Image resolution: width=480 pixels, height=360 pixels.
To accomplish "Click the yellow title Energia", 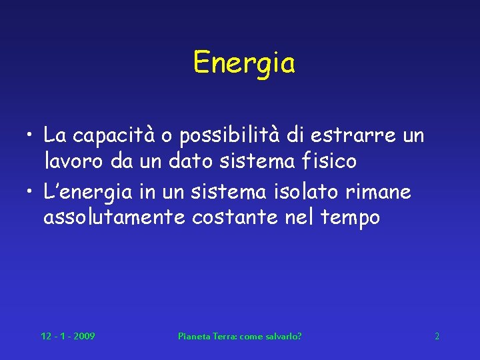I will [x=243, y=64].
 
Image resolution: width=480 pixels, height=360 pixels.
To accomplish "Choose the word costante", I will [x=231, y=217].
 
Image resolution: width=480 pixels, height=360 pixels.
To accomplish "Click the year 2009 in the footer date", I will [x=84, y=336].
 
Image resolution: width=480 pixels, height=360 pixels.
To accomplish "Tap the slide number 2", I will [x=437, y=336].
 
